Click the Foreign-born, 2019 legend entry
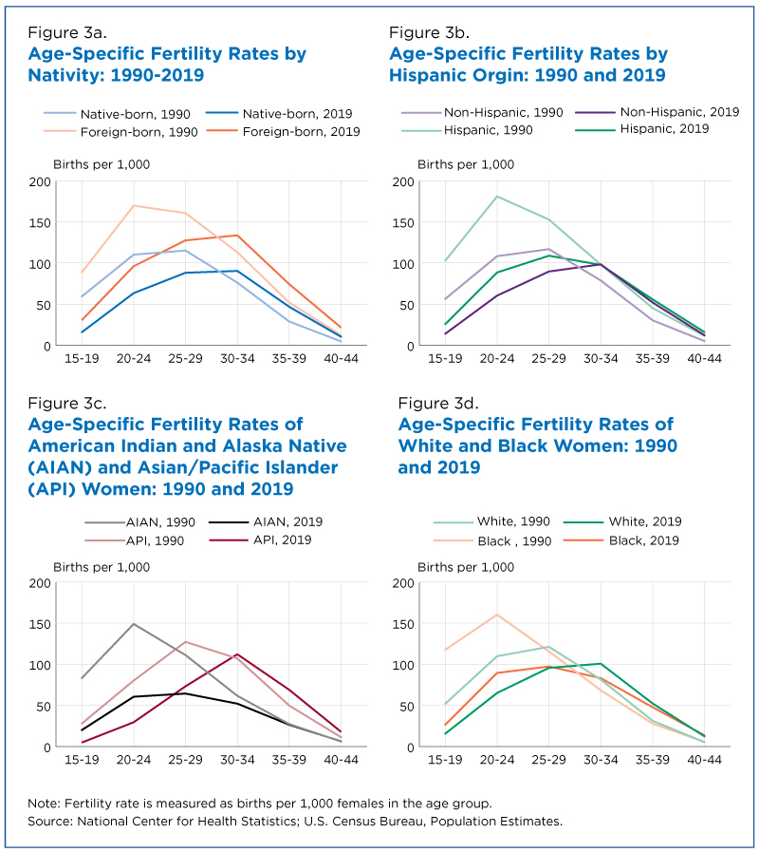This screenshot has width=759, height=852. click(x=284, y=131)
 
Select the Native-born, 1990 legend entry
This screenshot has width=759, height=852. click(x=118, y=114)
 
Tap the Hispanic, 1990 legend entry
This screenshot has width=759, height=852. click(x=467, y=130)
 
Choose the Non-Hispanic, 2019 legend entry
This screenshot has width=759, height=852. click(x=657, y=112)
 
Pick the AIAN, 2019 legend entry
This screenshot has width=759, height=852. click(x=266, y=521)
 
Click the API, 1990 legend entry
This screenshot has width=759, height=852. click(x=135, y=540)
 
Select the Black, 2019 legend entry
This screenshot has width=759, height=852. click(x=621, y=540)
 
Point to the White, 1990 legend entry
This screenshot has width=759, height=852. click(x=491, y=521)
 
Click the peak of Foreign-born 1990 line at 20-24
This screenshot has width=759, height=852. click(x=134, y=206)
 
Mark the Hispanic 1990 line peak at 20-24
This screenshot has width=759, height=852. click(x=497, y=197)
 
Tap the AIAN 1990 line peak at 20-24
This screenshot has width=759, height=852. click(x=134, y=624)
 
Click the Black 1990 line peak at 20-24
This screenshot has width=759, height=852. click(x=497, y=615)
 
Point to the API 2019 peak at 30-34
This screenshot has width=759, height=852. click(x=237, y=654)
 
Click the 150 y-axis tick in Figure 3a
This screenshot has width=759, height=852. click(x=40, y=223)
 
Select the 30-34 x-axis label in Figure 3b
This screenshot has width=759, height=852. click(x=601, y=359)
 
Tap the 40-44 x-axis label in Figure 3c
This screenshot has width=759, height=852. click(x=341, y=760)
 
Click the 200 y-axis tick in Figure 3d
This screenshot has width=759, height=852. click(x=403, y=583)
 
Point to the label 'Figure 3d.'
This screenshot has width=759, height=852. click(x=438, y=403)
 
